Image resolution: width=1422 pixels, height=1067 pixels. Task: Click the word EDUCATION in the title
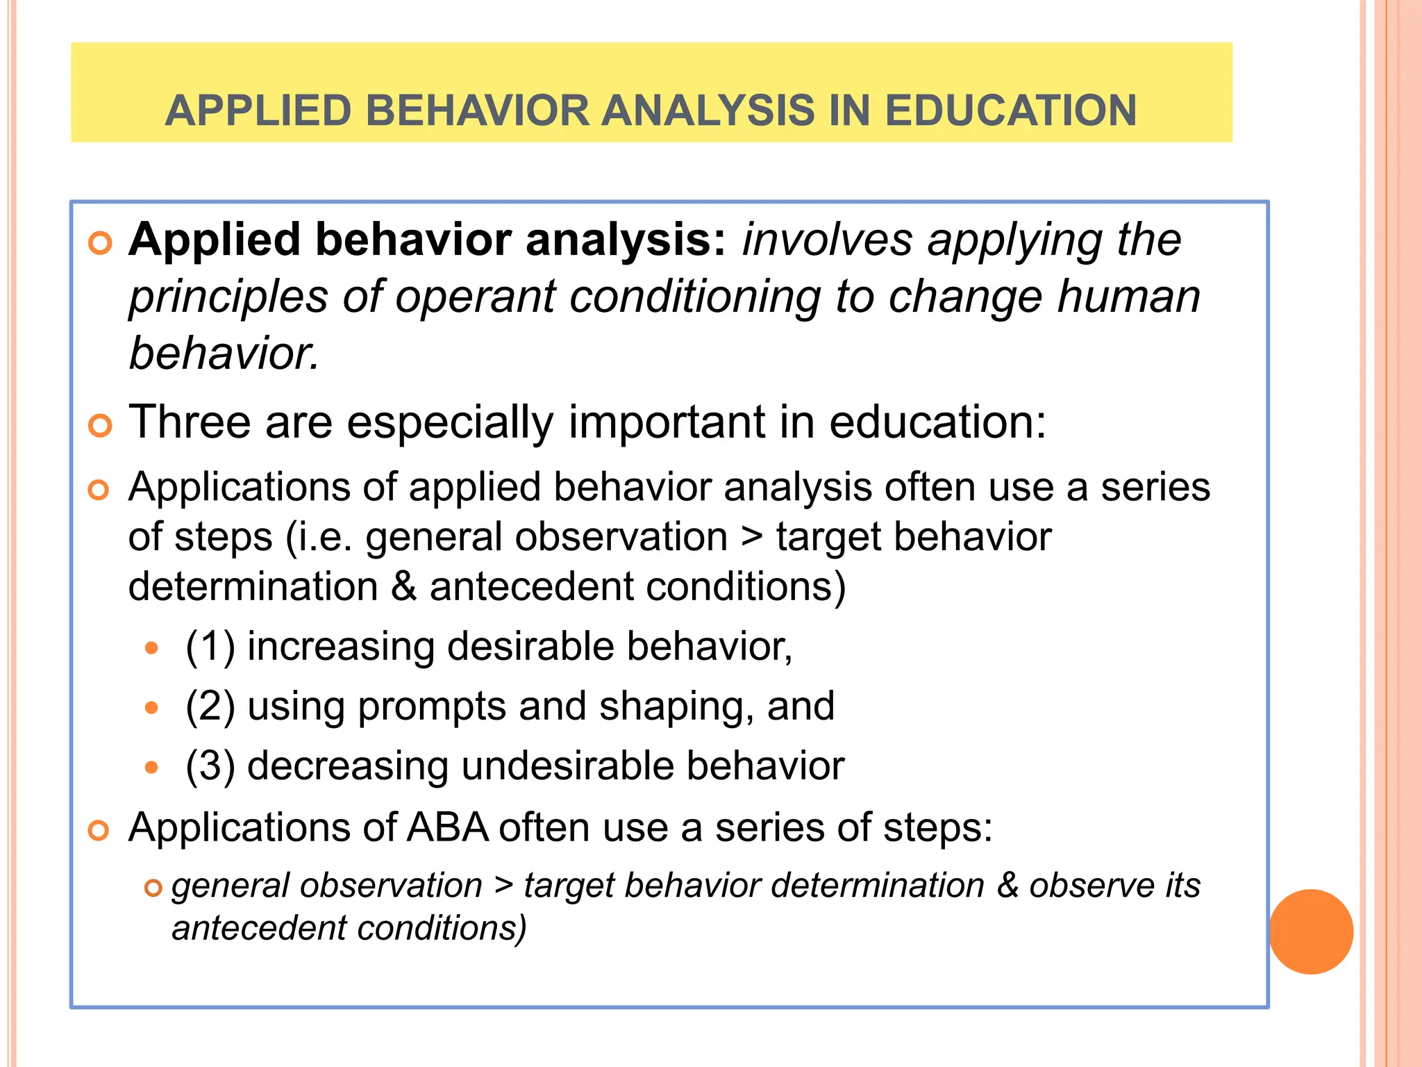1010,111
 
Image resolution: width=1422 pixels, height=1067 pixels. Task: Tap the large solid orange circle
1311,932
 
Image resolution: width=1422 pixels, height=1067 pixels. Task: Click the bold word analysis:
626,240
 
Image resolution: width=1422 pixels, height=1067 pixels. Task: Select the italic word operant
476,297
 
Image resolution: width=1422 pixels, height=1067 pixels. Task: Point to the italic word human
1129,297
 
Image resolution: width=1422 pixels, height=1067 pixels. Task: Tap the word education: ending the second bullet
937,422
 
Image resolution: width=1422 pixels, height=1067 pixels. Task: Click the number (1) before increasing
210,647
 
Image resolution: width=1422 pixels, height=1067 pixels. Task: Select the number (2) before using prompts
210,706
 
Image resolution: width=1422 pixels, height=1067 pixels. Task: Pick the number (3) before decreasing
210,766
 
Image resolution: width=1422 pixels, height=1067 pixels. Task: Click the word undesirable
567,766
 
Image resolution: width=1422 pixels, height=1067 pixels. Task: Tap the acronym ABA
447,828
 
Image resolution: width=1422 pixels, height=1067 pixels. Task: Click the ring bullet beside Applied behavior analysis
100,244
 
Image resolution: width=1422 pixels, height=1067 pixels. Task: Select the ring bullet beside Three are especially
100,426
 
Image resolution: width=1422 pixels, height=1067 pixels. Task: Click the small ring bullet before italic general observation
153,888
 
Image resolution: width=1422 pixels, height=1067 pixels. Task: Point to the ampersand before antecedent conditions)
403,587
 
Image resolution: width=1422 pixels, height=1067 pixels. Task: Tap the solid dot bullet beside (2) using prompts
152,709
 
